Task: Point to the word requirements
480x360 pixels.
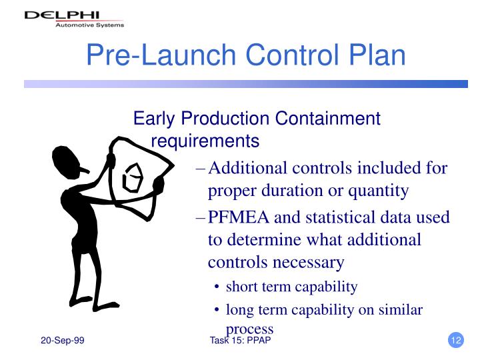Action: (205, 141)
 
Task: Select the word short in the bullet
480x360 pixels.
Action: (241, 287)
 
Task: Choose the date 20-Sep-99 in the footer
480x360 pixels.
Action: (62, 341)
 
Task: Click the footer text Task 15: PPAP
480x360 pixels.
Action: (239, 341)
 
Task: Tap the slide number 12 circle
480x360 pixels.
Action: (456, 341)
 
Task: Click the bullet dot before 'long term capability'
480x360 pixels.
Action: (218, 310)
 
